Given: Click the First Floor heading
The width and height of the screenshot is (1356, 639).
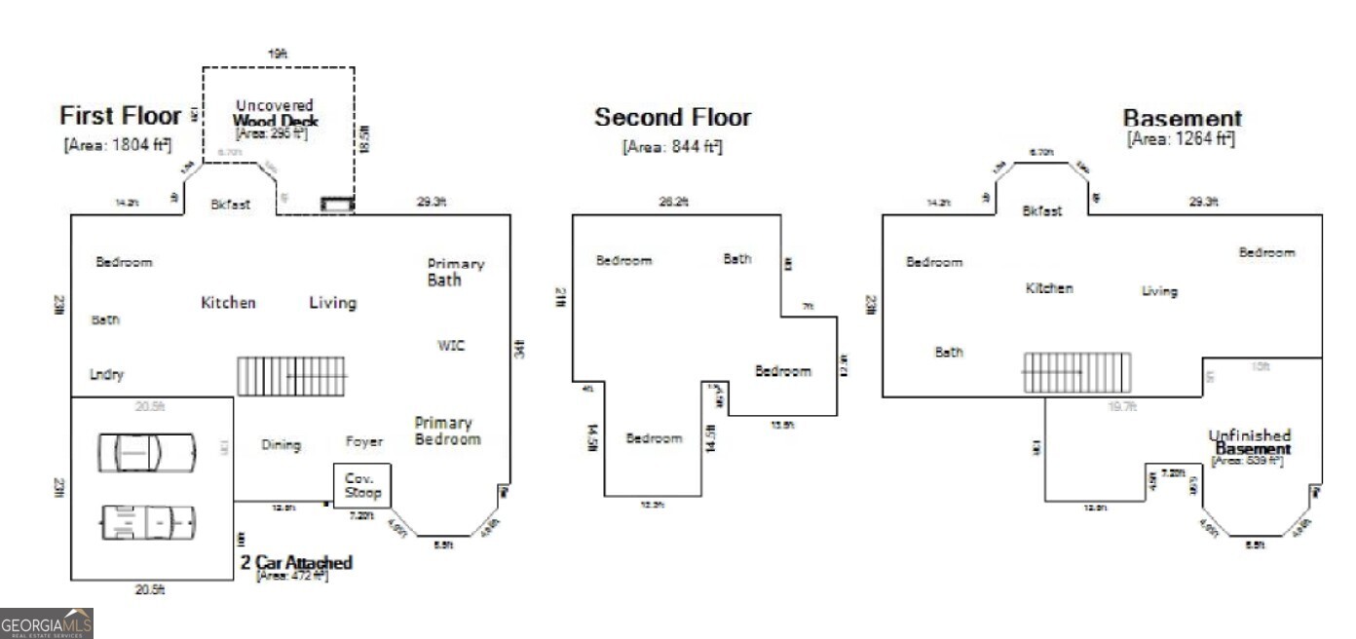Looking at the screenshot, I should (x=121, y=116).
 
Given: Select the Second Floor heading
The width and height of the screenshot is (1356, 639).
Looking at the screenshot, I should (x=673, y=118).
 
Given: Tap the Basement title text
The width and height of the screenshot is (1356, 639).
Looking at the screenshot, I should (x=1183, y=119).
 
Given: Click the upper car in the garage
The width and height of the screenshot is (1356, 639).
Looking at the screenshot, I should (x=146, y=452).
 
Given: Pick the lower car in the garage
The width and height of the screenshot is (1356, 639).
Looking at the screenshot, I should (x=148, y=523).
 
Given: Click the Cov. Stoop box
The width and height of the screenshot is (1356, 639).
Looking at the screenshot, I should (x=362, y=485).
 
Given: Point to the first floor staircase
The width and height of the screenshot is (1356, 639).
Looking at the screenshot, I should (x=292, y=375).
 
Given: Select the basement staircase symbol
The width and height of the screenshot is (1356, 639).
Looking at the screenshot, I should (x=1076, y=372).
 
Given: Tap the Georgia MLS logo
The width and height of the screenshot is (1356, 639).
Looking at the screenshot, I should (x=47, y=622).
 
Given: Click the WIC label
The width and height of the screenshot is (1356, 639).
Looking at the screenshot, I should (x=451, y=346).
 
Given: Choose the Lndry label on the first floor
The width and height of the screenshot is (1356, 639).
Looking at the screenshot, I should (x=107, y=374).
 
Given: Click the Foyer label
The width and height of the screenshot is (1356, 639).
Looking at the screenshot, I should (x=364, y=441).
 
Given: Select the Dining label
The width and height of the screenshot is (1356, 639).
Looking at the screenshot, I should (x=282, y=444).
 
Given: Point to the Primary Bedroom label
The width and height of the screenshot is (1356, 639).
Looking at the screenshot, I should (x=447, y=431).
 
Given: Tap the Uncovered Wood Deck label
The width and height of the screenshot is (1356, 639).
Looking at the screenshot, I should (x=275, y=113).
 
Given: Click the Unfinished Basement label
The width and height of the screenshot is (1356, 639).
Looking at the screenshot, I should (x=1250, y=442).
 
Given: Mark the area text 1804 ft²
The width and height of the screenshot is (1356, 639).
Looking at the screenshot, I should (x=118, y=145).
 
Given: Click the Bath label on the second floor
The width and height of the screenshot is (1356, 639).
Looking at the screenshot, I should (x=737, y=258).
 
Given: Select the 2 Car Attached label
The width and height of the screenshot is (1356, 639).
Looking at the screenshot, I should (x=296, y=563).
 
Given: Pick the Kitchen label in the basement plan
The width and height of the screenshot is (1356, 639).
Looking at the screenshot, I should (x=1049, y=288).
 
